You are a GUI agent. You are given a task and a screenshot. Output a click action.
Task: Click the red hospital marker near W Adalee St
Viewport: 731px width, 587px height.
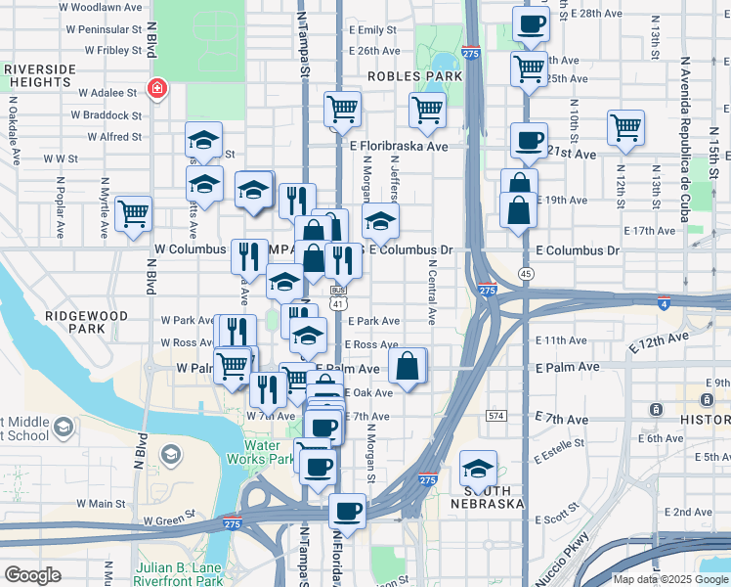click(155, 90)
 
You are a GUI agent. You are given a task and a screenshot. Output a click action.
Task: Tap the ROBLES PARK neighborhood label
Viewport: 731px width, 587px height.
click(414, 75)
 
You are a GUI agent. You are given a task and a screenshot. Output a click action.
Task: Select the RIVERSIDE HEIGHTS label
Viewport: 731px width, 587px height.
click(40, 76)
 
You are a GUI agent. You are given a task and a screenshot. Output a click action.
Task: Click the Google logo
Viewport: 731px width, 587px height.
click(32, 575)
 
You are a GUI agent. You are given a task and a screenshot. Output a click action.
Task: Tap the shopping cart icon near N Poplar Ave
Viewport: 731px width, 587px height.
click(133, 212)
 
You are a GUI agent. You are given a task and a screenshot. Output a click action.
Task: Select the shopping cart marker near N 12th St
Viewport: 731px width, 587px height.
click(625, 126)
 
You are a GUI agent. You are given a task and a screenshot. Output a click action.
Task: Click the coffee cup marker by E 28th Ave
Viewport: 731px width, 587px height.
click(531, 23)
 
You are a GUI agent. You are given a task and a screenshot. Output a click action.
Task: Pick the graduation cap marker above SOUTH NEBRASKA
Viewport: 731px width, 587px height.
click(478, 466)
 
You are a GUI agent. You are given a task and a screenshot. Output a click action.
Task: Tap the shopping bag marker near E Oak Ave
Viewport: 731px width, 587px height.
click(408, 366)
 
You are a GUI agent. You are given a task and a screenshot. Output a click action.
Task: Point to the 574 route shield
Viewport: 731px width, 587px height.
click(497, 416)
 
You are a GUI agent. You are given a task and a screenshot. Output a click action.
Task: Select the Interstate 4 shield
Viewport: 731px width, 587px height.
click(665, 303)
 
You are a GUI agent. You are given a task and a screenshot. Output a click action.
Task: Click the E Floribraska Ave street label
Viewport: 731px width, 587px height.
click(399, 147)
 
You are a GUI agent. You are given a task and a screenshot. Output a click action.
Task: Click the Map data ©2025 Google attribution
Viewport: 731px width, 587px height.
click(669, 579)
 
